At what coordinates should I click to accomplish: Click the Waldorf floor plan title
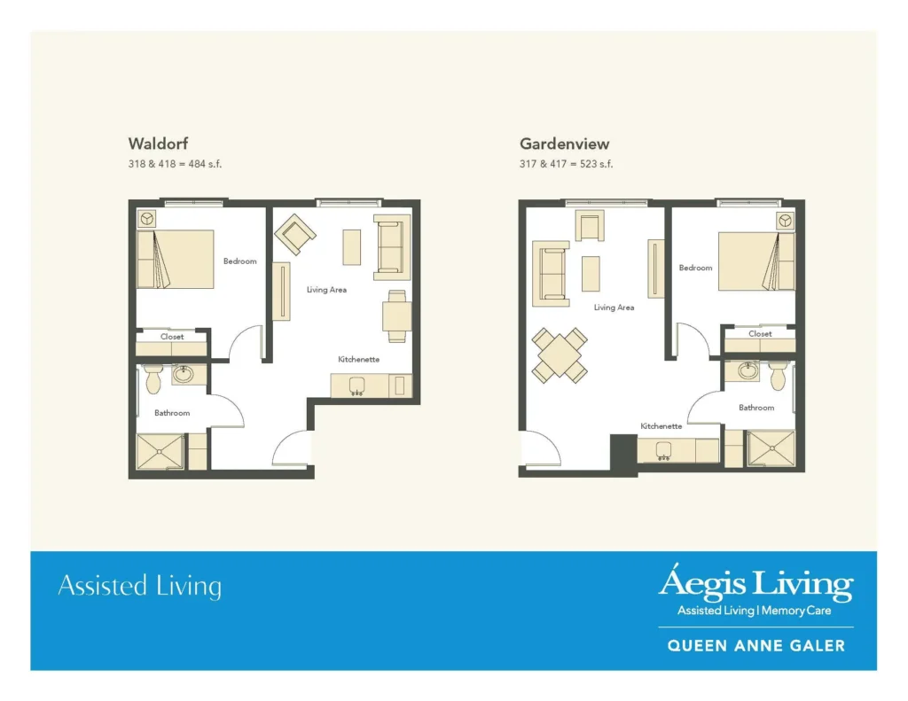pos(158,144)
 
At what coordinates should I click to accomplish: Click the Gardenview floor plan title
pos(564,144)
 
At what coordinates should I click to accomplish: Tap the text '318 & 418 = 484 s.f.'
pos(181,164)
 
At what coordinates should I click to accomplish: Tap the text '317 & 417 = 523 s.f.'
pos(566,164)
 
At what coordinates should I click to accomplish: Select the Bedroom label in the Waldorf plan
pos(239,261)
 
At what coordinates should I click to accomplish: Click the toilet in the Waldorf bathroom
pos(153,378)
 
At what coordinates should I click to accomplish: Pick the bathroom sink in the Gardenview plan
pos(748,370)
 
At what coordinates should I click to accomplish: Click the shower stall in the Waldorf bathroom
pos(160,451)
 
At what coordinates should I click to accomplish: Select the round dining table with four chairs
pos(559,354)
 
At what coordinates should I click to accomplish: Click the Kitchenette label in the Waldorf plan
pos(358,359)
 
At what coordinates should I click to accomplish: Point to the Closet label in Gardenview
pos(760,334)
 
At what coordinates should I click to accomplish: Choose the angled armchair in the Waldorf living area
pos(295,236)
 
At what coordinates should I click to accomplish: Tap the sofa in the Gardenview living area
pos(551,273)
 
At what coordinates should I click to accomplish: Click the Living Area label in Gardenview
pos(614,308)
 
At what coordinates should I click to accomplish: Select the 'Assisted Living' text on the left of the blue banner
pos(139,586)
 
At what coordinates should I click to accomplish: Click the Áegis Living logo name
pos(755,585)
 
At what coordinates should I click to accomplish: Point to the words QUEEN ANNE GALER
pos(755,646)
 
